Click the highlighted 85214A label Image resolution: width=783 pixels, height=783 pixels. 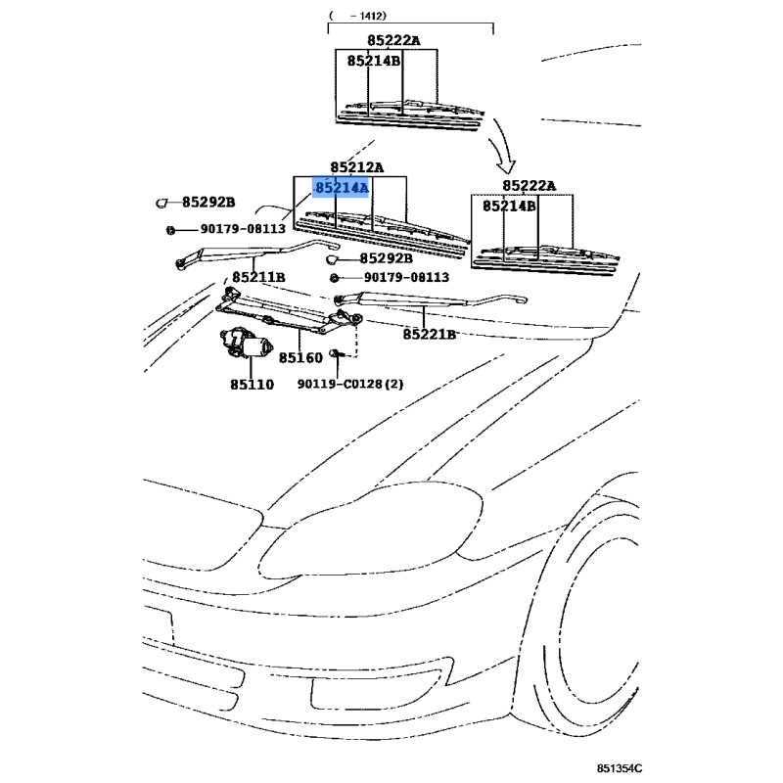point(341,187)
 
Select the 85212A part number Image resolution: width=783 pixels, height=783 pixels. point(357,166)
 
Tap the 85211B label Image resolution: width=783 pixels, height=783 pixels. point(258,277)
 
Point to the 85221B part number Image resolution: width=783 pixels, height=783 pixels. point(430,334)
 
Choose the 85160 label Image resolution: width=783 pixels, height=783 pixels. point(300,357)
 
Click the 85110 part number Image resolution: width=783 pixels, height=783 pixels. point(253,385)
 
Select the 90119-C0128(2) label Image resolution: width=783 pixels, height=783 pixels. point(350,384)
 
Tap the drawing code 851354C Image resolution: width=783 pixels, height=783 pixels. point(620,768)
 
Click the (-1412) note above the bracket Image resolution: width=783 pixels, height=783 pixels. point(357,16)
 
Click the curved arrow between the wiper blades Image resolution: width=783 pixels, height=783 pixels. point(503,146)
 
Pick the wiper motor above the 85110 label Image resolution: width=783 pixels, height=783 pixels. point(247,343)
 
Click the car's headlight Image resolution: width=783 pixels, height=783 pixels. point(371,530)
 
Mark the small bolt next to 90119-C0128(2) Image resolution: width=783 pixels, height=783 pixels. point(335,354)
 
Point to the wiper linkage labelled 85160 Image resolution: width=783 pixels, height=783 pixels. point(290,312)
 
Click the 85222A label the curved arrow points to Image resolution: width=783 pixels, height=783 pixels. point(529,186)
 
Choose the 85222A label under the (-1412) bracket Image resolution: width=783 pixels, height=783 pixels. point(394,40)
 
